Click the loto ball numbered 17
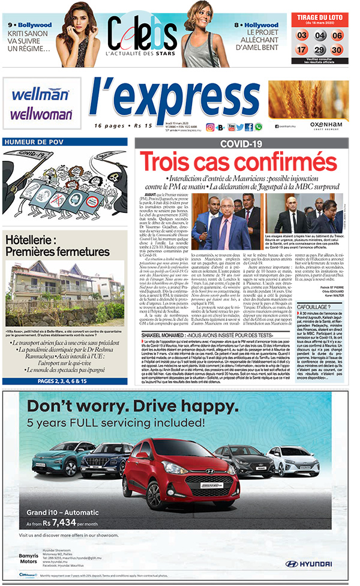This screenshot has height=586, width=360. (302, 50)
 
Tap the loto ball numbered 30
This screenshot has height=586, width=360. (337, 50)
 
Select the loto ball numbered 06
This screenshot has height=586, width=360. (337, 35)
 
